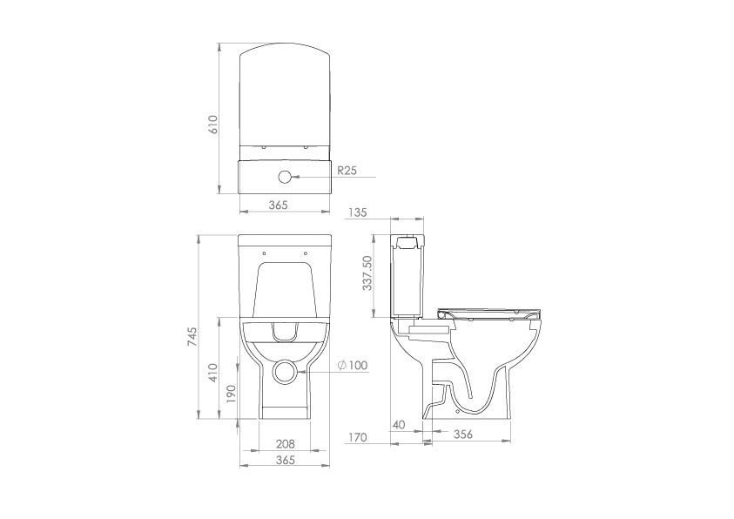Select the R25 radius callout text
tap(347, 171)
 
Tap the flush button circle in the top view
tap(284, 177)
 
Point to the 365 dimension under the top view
tap(278, 205)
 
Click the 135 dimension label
tap(356, 212)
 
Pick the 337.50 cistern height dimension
tap(367, 273)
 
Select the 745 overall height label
tap(192, 338)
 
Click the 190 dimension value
tap(229, 394)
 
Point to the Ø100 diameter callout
tap(352, 365)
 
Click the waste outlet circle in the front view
tap(285, 370)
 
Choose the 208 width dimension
tap(285, 444)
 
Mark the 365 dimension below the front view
tap(285, 460)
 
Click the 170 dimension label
tap(356, 437)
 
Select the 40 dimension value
tap(399, 424)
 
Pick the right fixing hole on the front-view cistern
tap(306, 253)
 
